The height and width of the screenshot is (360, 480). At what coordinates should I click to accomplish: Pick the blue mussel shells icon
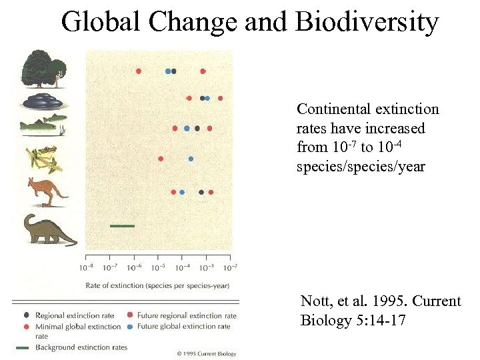point(43,101)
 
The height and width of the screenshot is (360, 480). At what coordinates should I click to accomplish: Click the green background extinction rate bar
point(122,226)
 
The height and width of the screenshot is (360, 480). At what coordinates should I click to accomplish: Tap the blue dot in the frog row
point(191,159)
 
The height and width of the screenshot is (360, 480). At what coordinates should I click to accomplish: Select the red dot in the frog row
point(161,159)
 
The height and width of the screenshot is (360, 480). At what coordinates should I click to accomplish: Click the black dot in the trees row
point(174,71)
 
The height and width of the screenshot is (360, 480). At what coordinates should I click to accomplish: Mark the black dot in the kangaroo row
point(201,192)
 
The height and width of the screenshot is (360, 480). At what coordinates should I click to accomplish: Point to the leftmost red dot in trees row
point(139,71)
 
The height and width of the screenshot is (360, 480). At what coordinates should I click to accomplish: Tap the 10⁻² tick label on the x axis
point(229,268)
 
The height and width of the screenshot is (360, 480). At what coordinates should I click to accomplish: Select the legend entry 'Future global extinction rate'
point(188,326)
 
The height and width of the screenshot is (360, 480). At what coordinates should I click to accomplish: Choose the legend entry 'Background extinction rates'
point(81,347)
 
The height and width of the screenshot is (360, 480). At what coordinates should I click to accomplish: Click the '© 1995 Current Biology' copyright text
point(206,353)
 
